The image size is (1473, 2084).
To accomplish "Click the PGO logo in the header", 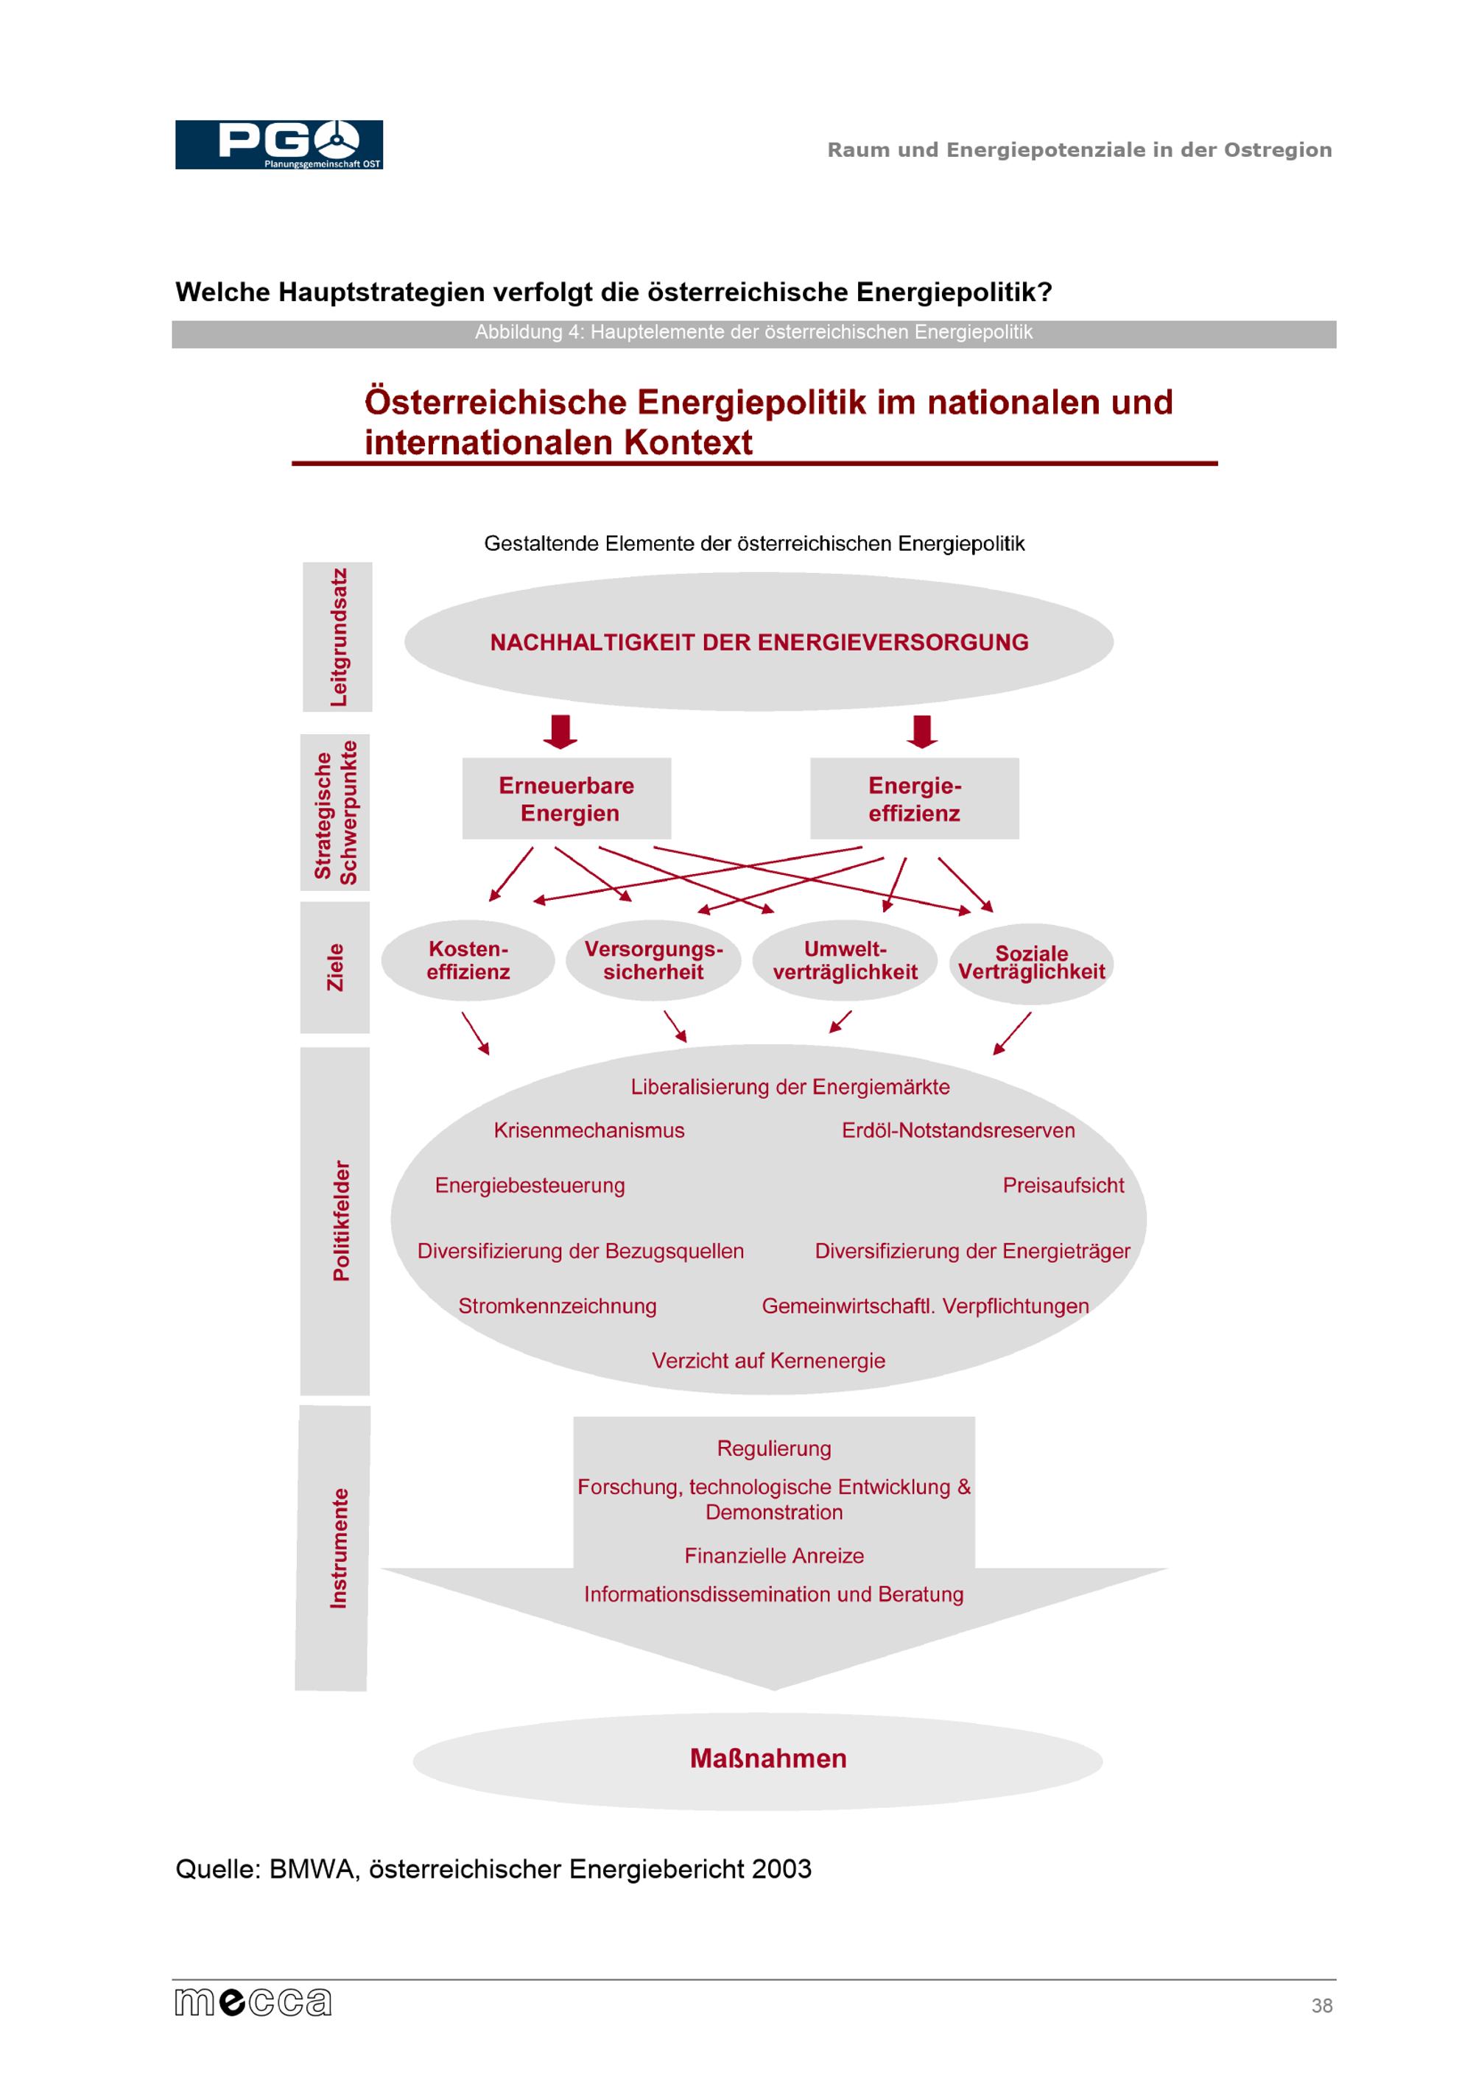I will [x=278, y=144].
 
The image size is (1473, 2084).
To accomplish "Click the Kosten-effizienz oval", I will [x=468, y=960].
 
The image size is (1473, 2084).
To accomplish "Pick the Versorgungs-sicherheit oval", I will [x=653, y=960].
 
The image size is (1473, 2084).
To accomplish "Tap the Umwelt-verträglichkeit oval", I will [x=845, y=960].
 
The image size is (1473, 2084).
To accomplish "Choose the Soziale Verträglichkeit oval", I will [x=1031, y=963].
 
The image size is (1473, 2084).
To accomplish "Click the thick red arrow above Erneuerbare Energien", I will [x=560, y=731].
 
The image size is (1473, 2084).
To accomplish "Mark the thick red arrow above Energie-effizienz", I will [x=922, y=731].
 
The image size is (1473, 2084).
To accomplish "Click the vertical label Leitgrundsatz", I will [x=337, y=637].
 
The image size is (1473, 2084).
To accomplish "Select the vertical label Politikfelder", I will [x=340, y=1221].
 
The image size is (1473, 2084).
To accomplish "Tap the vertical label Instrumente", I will [x=337, y=1549].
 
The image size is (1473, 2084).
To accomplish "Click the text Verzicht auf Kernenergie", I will [x=768, y=1361].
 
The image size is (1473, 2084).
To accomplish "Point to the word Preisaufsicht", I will [x=1063, y=1186].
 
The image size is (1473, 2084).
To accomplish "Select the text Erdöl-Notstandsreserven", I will [x=957, y=1131].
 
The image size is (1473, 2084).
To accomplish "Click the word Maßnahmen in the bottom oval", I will [x=768, y=1759].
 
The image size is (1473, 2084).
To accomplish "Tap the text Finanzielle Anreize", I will [x=773, y=1556].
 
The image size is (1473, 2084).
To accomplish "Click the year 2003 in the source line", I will [x=781, y=1870].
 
